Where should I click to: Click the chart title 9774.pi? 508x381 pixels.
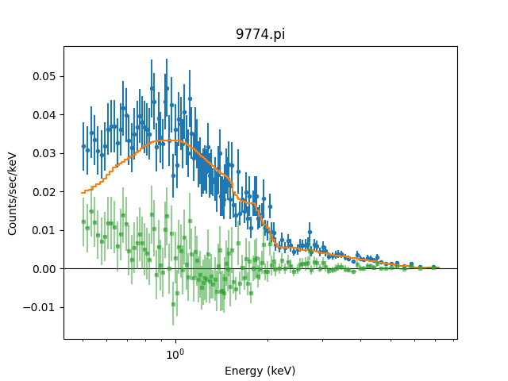pos(260,36)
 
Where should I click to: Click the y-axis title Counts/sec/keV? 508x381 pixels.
pos(13,193)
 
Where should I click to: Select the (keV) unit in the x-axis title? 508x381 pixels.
pos(280,371)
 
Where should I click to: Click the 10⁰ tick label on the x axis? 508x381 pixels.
pos(175,353)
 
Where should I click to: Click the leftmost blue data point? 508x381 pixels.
pos(83,146)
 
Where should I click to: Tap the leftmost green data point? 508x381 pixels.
pos(83,221)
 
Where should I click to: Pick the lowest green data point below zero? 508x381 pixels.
pos(173,304)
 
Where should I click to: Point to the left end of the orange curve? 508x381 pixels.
pos(82,192)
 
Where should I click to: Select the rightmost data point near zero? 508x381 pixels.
pos(434,267)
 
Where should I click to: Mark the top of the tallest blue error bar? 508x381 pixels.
pos(151,60)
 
